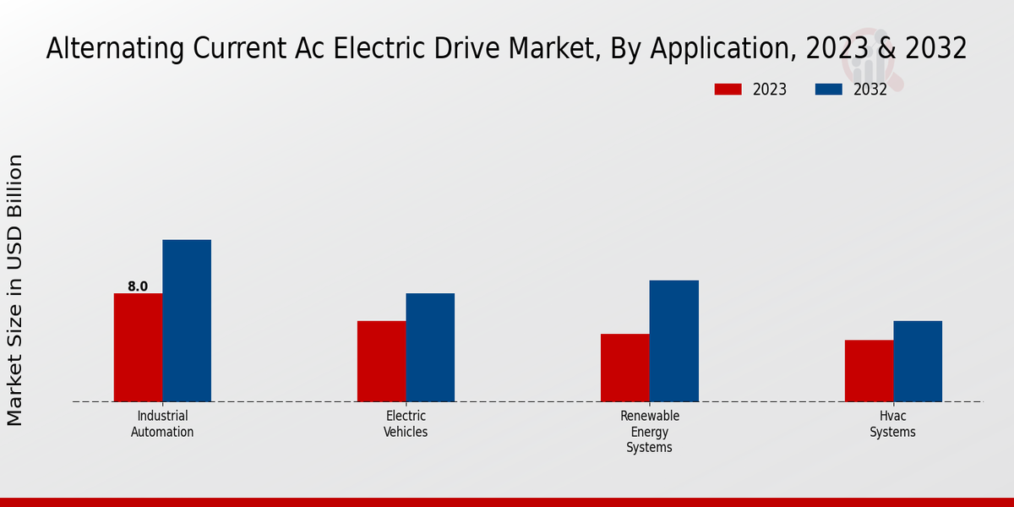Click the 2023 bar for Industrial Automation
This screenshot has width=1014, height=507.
coord(138,347)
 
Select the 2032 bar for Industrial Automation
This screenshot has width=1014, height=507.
coord(187,320)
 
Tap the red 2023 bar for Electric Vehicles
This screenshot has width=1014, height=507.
coord(381,361)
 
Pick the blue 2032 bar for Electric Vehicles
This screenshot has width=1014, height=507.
coord(430,347)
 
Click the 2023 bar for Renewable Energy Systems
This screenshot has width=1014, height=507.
coord(625,368)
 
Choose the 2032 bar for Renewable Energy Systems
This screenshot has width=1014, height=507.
coord(674,341)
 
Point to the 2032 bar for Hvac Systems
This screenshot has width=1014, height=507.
coord(918,361)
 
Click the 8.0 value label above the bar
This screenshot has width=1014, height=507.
coord(138,286)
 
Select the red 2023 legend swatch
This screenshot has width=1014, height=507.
coord(728,90)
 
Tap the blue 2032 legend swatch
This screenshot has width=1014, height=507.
coord(828,90)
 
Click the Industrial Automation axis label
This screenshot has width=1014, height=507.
coord(162,424)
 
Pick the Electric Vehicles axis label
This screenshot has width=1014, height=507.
coord(406,424)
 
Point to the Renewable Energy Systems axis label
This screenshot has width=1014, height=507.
coord(650,432)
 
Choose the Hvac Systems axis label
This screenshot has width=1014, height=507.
coord(893,424)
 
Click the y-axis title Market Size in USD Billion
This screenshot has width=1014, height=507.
coord(16,290)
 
